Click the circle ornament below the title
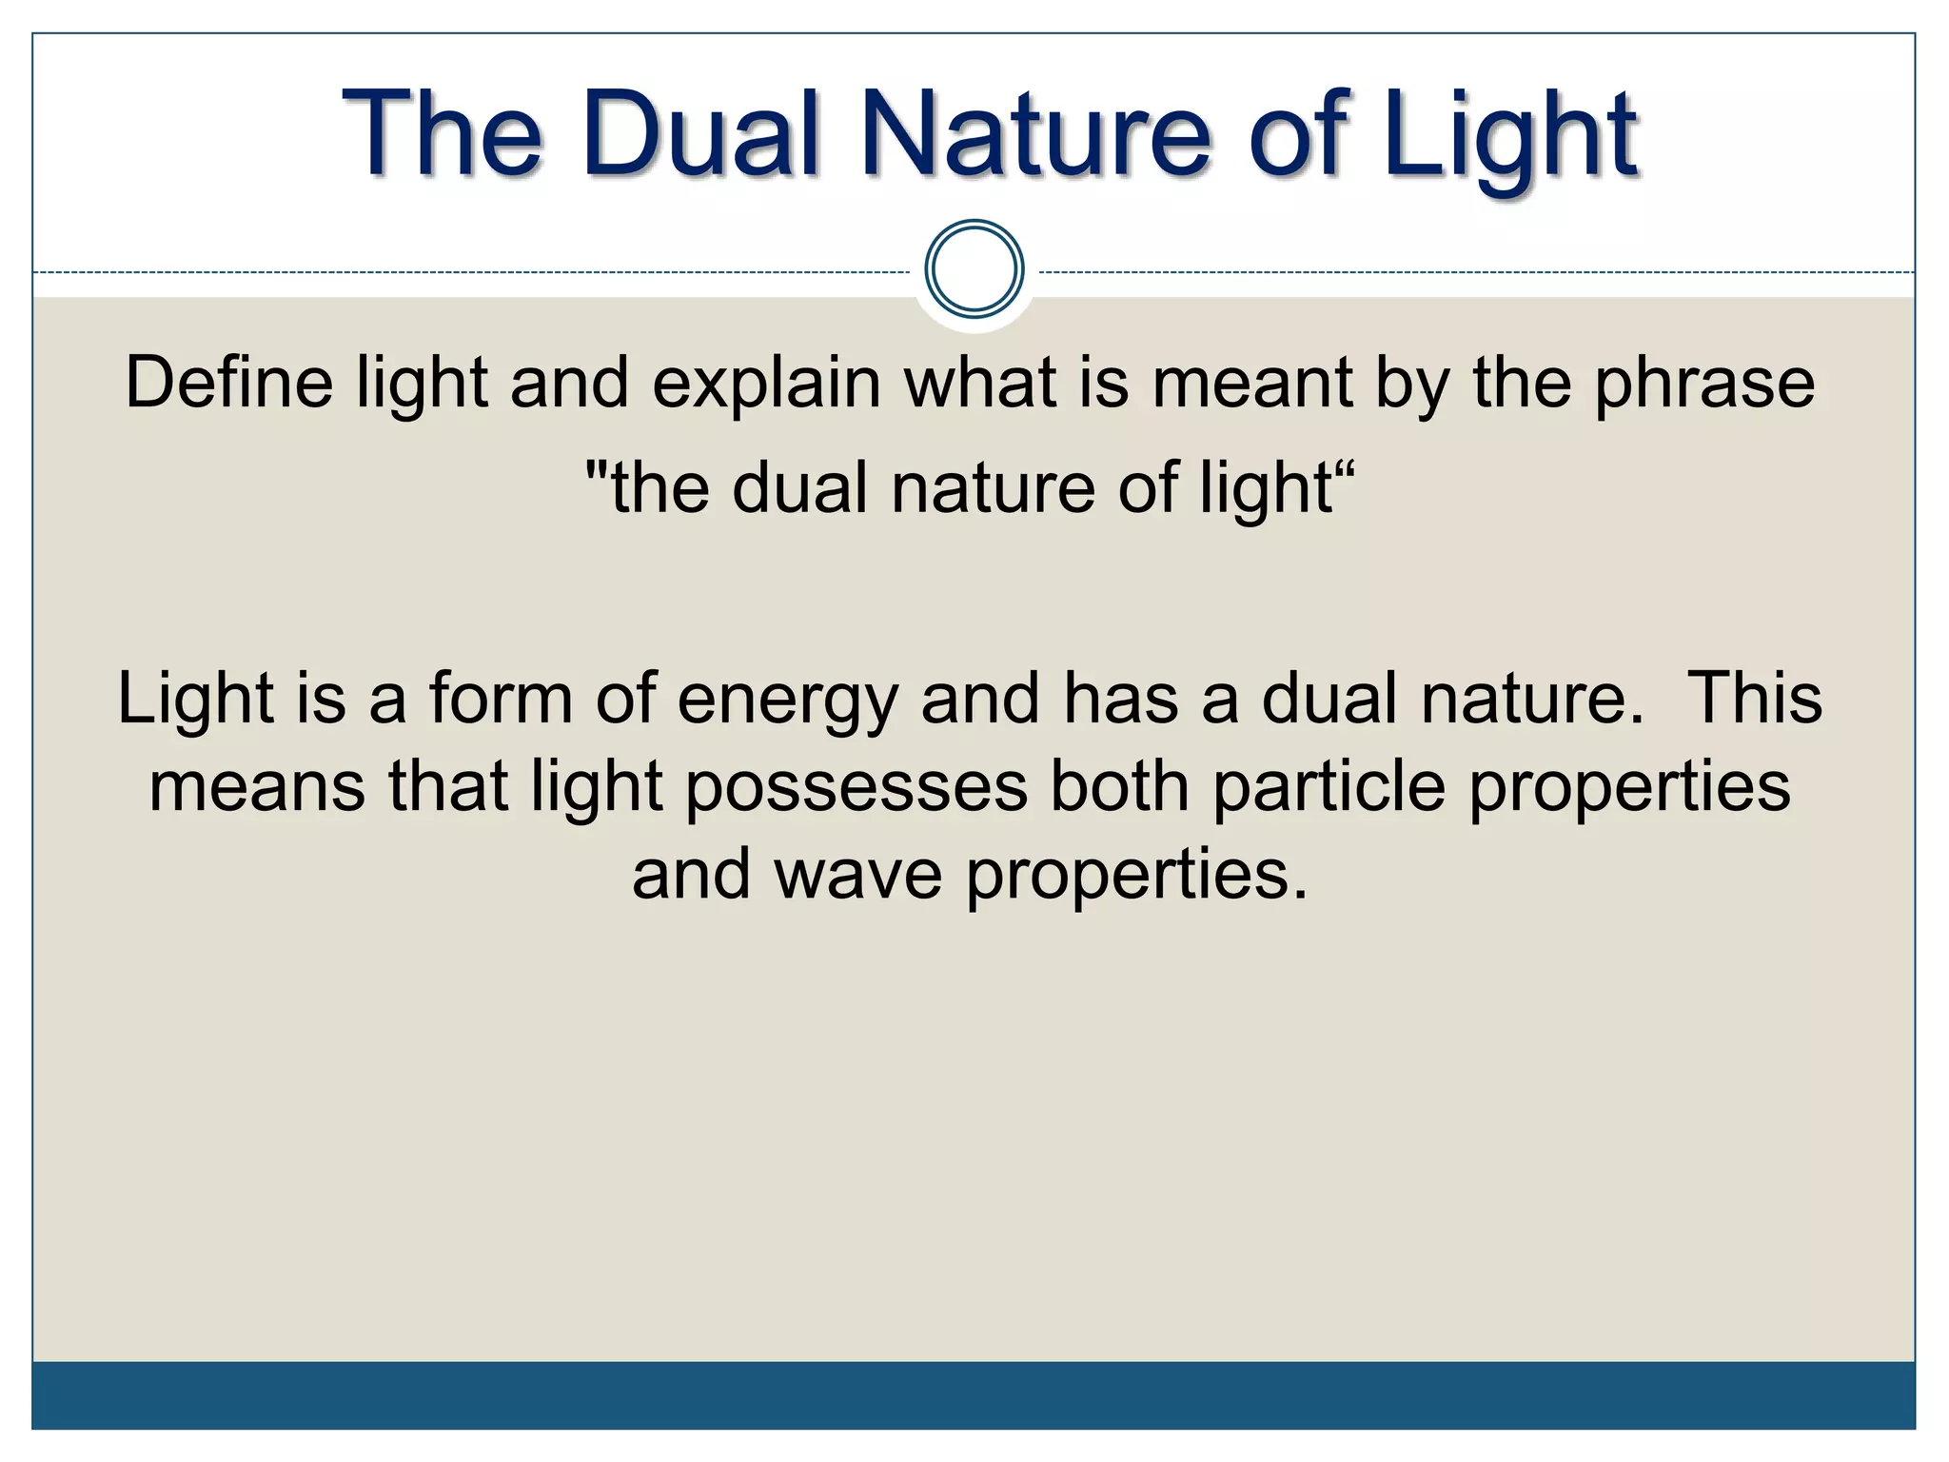pyautogui.click(x=974, y=268)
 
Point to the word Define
pyautogui.click(x=228, y=383)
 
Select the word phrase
pyautogui.click(x=1704, y=383)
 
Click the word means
pyautogui.click(x=257, y=788)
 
